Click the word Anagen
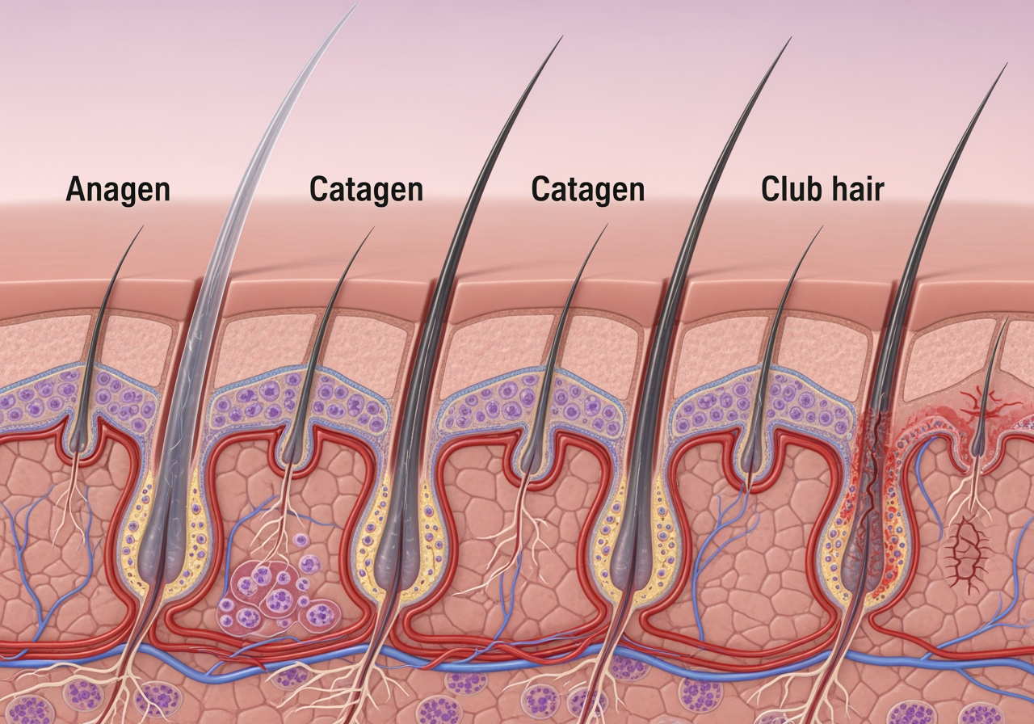pyautogui.click(x=118, y=189)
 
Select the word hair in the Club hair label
pyautogui.click(x=857, y=189)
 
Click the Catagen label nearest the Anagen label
pyautogui.click(x=366, y=189)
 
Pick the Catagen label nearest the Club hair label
pyautogui.click(x=588, y=189)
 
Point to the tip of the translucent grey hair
pyautogui.click(x=356, y=6)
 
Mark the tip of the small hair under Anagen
pyautogui.click(x=142, y=227)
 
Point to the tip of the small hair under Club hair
pyautogui.click(x=821, y=227)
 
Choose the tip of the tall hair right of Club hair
pyautogui.click(x=1006, y=65)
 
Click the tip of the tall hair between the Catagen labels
pyautogui.click(x=561, y=37)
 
